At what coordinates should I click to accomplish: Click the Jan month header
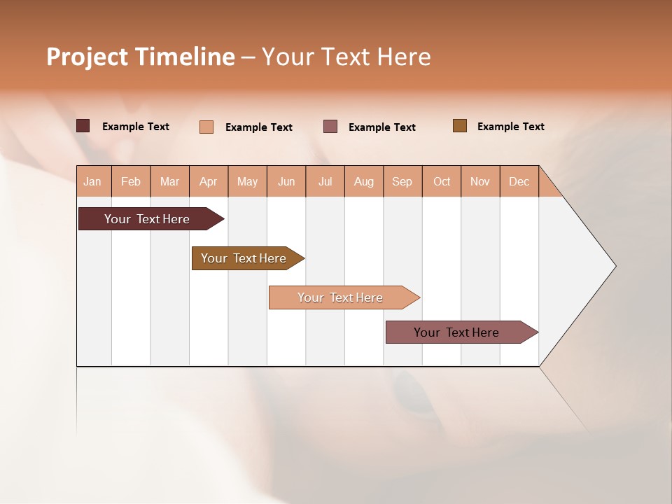[92, 181]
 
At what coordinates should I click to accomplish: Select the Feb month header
[131, 181]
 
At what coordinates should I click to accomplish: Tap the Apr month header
[208, 181]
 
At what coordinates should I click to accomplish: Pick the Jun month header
[286, 181]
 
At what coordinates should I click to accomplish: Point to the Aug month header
[363, 181]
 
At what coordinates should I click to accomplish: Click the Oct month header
[442, 181]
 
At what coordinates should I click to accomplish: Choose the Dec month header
[519, 181]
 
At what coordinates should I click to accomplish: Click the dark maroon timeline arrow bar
[148, 219]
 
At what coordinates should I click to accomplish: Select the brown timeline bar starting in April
[244, 258]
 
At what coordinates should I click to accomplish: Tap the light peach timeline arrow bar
[341, 297]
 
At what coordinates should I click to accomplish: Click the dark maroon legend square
[83, 126]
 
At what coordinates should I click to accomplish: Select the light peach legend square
[206, 127]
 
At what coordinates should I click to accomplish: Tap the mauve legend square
[330, 126]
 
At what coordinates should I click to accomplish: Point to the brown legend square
[460, 126]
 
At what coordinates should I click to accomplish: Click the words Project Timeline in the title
[140, 57]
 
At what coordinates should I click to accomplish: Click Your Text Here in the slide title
[346, 57]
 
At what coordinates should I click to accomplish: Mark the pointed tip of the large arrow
[615, 266]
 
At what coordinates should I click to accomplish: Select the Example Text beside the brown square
[510, 127]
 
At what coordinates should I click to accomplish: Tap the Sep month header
[402, 181]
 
